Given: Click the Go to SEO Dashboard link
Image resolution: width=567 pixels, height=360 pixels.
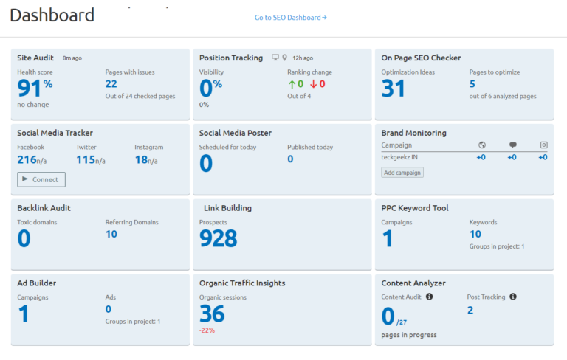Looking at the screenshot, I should [290, 18].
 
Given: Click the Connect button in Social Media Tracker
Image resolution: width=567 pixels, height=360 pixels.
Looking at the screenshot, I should [41, 179].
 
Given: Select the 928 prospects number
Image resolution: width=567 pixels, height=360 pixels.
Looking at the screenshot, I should [219, 238].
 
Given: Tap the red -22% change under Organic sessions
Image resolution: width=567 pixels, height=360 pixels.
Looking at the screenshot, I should [207, 330].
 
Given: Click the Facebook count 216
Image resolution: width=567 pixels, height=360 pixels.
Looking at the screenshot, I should [27, 160].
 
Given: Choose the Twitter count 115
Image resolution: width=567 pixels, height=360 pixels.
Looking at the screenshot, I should [86, 160].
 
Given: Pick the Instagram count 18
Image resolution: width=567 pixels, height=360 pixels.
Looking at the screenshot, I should [141, 160].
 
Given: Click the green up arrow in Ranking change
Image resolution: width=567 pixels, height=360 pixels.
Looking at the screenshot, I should [292, 84].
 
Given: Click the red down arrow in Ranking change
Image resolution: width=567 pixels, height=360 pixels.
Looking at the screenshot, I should [313, 84].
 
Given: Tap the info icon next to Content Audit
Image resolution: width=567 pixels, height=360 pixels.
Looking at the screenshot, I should [430, 297].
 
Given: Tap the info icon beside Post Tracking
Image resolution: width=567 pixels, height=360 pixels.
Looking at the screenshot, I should [513, 297].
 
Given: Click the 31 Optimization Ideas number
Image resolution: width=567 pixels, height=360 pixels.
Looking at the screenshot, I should [394, 89].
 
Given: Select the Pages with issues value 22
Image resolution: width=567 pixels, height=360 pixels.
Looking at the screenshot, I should [111, 84].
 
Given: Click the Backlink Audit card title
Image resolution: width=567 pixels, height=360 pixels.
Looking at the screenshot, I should [44, 208].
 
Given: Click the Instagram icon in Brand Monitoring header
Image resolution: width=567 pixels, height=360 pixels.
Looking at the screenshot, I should [543, 145].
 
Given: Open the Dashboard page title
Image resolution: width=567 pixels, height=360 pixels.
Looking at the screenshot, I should [52, 15].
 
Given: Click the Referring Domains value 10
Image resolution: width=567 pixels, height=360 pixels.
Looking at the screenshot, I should [111, 234].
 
